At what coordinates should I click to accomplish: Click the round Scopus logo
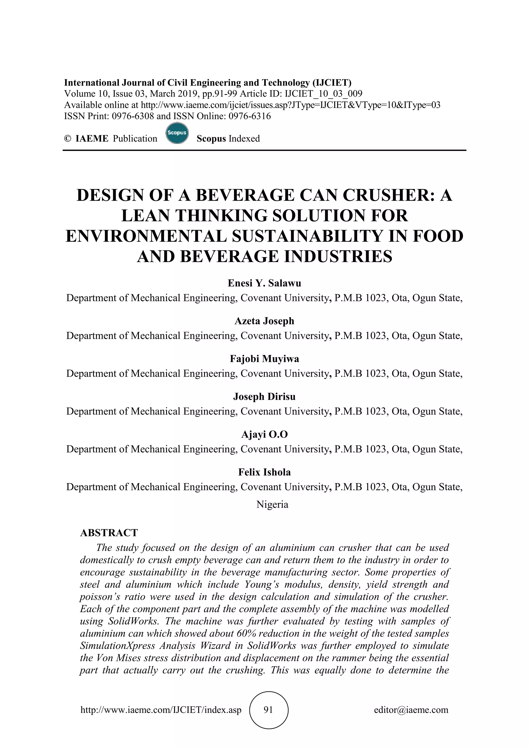click(177, 133)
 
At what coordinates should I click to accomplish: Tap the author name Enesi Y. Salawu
click(264, 283)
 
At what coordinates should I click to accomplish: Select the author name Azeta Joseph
click(264, 321)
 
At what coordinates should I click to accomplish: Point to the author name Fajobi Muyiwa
click(264, 359)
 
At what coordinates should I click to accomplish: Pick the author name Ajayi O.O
click(264, 434)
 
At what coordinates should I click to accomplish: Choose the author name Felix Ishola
click(264, 472)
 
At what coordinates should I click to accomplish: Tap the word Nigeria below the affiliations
click(272, 504)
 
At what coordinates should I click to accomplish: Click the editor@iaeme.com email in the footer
click(411, 710)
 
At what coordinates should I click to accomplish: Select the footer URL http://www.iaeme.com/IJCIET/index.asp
click(161, 710)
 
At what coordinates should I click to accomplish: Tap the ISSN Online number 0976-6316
click(250, 116)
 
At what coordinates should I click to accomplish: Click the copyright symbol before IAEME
click(67, 139)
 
